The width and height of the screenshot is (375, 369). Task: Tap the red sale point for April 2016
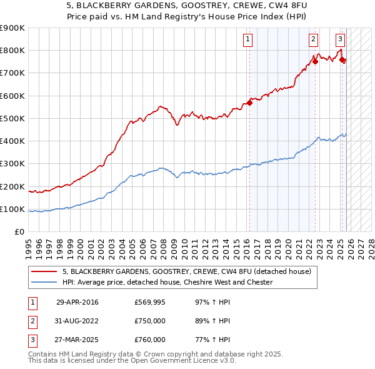tap(249, 103)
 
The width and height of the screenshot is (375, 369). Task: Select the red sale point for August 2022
tap(315, 61)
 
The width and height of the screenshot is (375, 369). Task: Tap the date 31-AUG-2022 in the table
tap(77, 321)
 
